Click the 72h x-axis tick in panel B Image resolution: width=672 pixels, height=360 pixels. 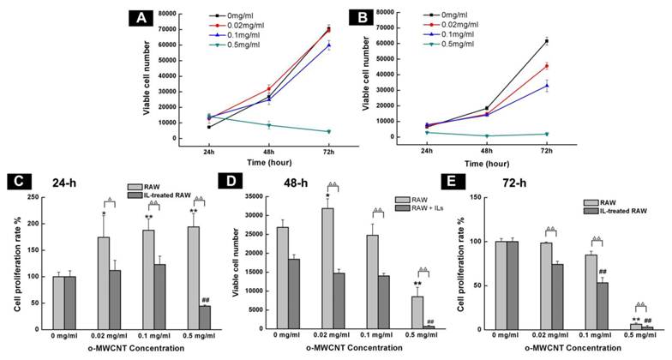[x=546, y=151]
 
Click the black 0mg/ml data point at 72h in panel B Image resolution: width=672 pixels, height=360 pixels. [x=546, y=41]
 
